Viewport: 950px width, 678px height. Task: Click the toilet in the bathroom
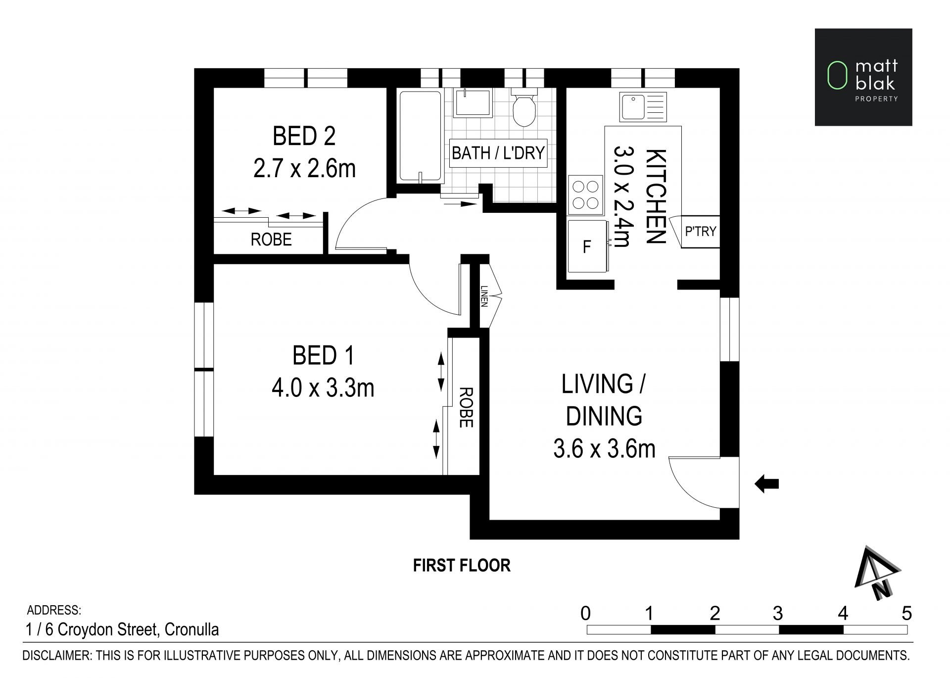[x=523, y=108]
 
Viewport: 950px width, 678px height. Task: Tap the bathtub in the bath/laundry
[x=420, y=136]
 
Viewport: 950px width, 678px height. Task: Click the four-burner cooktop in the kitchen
[x=586, y=195]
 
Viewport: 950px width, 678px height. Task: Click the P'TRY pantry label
[x=700, y=231]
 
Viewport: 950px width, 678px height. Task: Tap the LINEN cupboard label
[x=484, y=296]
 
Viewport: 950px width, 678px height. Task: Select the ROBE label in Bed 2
[x=271, y=240]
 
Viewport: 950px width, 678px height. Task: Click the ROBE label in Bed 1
[x=466, y=407]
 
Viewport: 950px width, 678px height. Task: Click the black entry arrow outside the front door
[x=766, y=484]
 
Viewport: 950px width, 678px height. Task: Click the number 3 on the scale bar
[x=778, y=614]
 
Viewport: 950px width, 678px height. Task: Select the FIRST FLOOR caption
[x=462, y=565]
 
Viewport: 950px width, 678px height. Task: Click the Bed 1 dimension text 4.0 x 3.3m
[x=323, y=388]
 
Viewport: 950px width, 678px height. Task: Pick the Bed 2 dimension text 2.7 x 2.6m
[x=304, y=168]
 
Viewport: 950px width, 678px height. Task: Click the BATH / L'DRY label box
[x=498, y=153]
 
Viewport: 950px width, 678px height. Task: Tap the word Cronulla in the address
[x=191, y=630]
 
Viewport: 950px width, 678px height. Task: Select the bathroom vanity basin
[x=473, y=103]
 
